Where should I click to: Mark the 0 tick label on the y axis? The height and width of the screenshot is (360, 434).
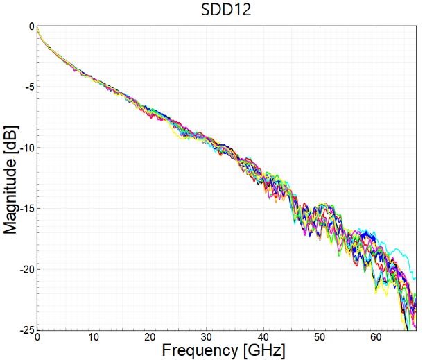coord(30,26)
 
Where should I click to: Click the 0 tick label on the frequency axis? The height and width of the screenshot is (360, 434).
coord(37,337)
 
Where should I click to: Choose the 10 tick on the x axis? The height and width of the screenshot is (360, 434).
coord(93,337)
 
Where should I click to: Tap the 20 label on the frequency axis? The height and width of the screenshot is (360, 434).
coord(150,337)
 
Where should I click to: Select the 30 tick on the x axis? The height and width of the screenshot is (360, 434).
coord(206,337)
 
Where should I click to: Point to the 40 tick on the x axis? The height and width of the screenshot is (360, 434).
coord(263,337)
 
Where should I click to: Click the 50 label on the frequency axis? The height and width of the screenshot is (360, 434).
coord(319,337)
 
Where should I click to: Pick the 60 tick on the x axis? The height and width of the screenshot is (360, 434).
coord(376,337)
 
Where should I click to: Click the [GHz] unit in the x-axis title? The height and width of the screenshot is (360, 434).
coord(263,350)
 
